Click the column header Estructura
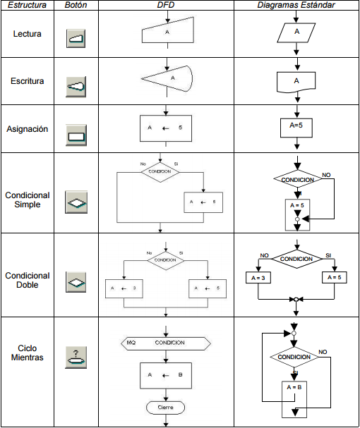click(28, 5)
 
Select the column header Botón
click(76, 5)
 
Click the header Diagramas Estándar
click(296, 5)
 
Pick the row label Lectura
click(28, 33)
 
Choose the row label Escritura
click(28, 81)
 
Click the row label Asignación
click(28, 129)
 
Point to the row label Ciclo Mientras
click(28, 353)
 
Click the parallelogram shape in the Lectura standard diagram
click(296, 32)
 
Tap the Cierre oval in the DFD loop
click(166, 407)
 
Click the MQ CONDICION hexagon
click(165, 343)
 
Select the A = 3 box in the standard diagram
click(259, 278)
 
